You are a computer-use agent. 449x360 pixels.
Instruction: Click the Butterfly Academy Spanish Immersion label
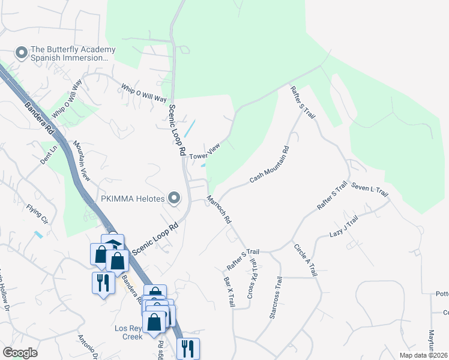(x=71, y=54)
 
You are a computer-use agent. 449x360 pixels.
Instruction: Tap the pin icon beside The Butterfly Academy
(x=22, y=54)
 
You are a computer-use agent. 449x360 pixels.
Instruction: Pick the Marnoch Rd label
(x=218, y=209)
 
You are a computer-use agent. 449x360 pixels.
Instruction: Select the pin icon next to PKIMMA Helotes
(x=175, y=197)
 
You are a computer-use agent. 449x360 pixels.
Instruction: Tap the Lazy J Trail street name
(x=343, y=226)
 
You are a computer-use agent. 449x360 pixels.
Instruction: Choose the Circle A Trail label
(x=305, y=259)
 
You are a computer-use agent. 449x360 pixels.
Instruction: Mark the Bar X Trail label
(x=229, y=292)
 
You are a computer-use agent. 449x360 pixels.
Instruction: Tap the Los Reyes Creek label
(x=128, y=332)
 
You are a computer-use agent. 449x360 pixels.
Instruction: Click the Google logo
(x=20, y=353)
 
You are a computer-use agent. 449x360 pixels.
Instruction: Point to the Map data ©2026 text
(x=423, y=355)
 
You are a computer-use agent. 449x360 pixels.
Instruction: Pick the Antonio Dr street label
(x=88, y=347)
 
